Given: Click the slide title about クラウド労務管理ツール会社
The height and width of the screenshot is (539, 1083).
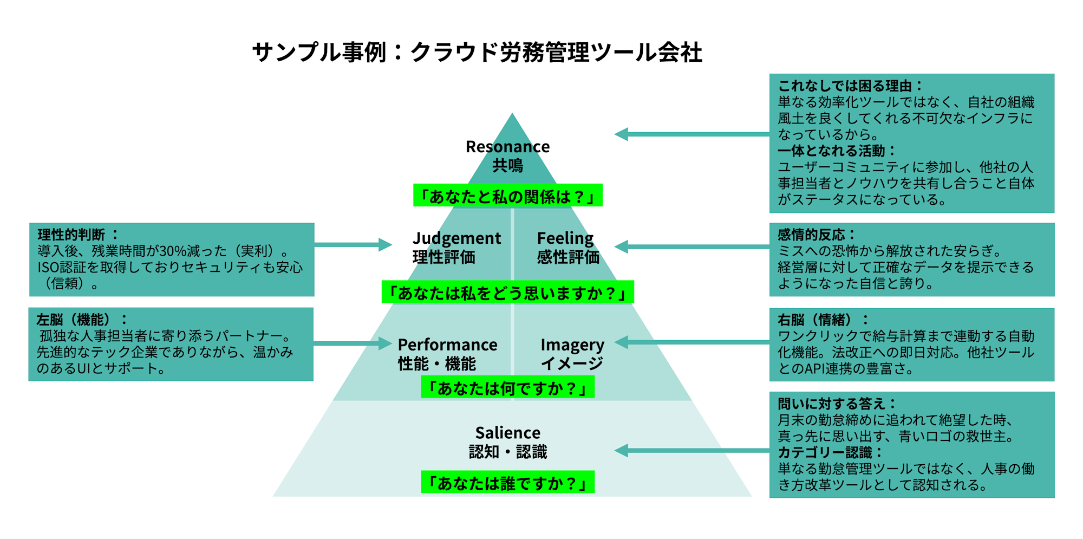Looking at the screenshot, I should click(x=477, y=53).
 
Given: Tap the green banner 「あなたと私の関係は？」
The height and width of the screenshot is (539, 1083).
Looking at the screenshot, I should click(x=507, y=196).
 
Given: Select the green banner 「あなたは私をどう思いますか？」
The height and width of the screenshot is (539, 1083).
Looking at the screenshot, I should click(x=507, y=293).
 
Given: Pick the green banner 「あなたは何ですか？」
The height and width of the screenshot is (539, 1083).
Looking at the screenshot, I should click(x=507, y=388).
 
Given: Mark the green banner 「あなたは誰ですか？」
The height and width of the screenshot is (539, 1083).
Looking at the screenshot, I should click(x=507, y=482).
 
